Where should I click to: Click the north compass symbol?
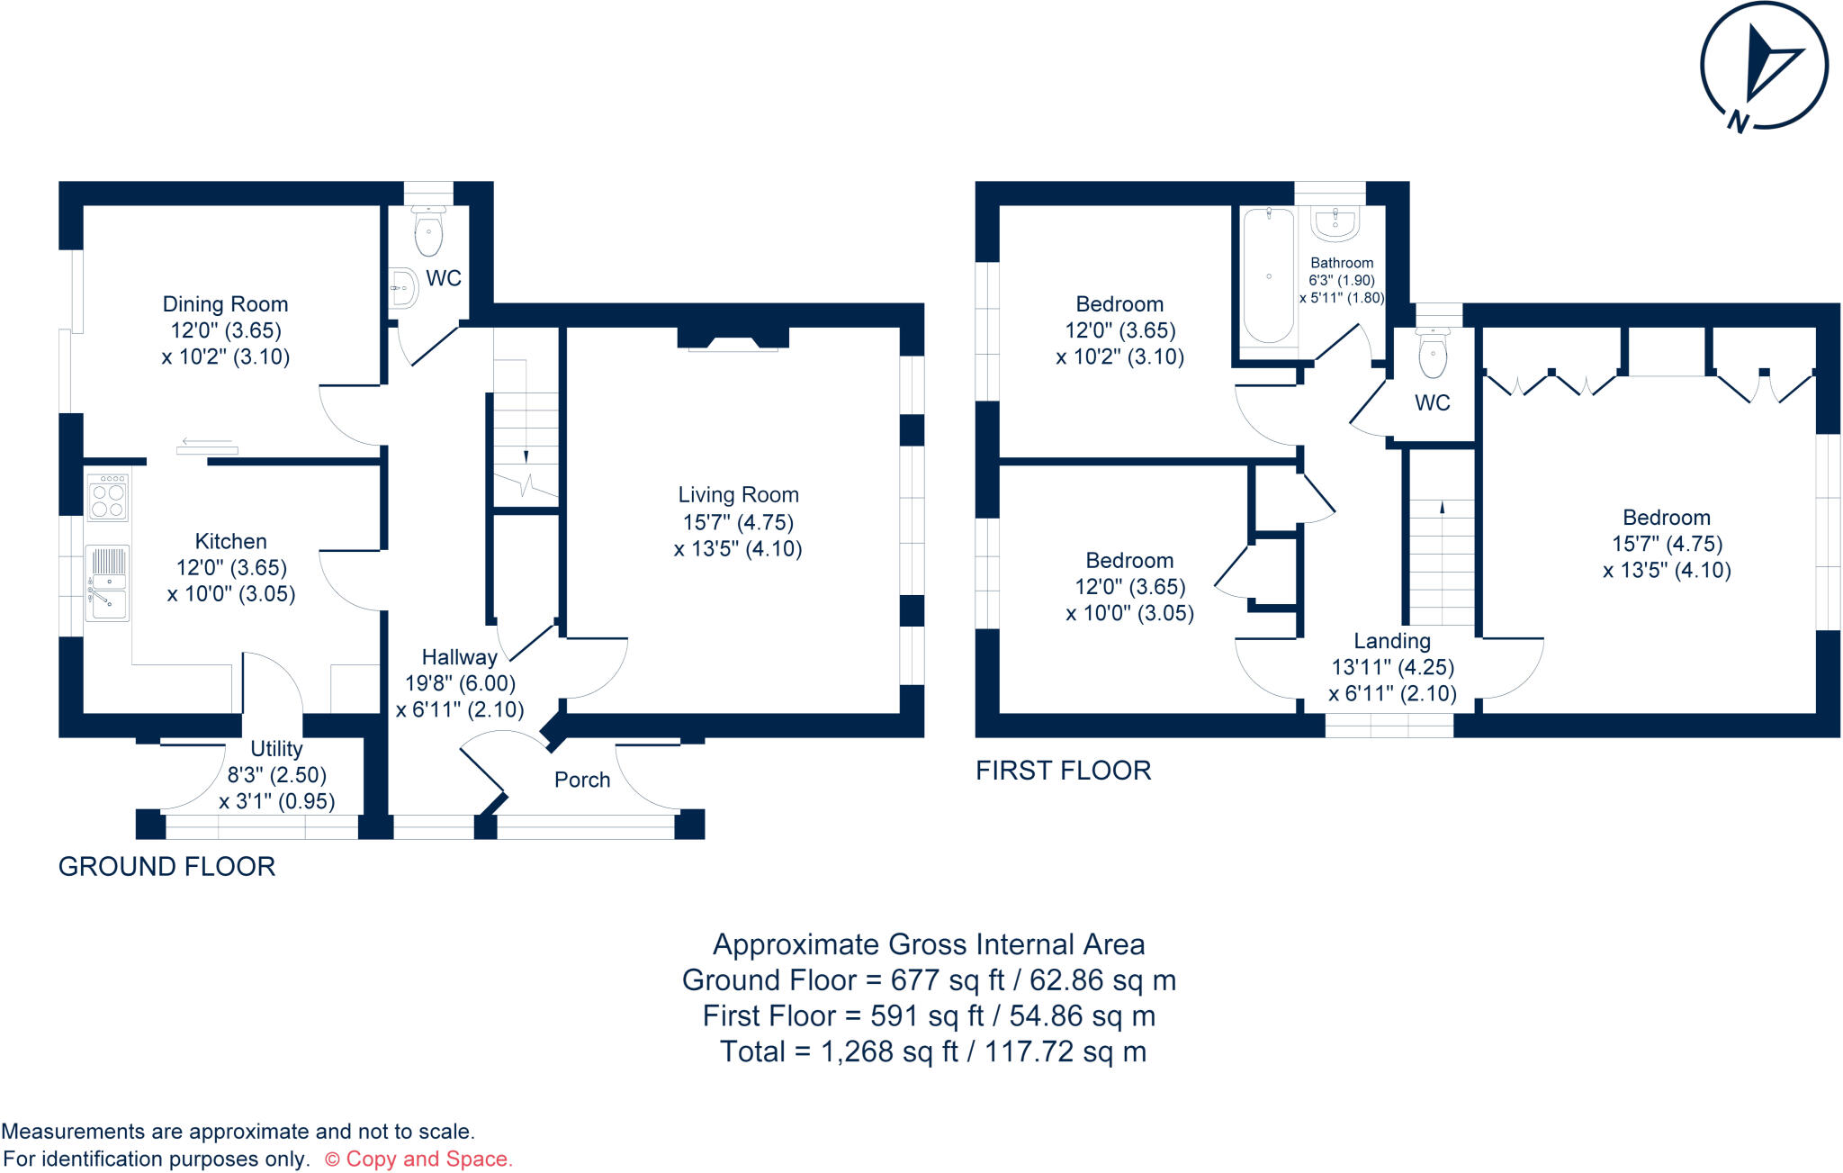click(x=1763, y=68)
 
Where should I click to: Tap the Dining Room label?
click(x=225, y=304)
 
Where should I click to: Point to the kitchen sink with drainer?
click(x=108, y=582)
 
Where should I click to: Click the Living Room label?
click(x=738, y=495)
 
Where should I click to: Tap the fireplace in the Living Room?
click(x=733, y=339)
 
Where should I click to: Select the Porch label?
click(x=582, y=780)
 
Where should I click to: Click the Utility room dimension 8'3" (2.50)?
click(x=276, y=775)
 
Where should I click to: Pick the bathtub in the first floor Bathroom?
click(x=1268, y=275)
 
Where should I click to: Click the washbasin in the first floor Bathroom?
click(x=1335, y=224)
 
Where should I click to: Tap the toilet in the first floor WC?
click(x=1433, y=354)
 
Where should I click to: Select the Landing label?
click(x=1392, y=641)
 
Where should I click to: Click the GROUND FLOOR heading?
click(x=166, y=867)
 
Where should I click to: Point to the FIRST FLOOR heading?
click(x=1063, y=771)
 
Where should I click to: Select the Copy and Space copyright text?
click(x=418, y=1159)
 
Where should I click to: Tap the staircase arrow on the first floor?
click(x=1442, y=509)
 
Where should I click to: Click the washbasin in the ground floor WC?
click(x=404, y=288)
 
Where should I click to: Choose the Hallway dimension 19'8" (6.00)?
click(x=460, y=684)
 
